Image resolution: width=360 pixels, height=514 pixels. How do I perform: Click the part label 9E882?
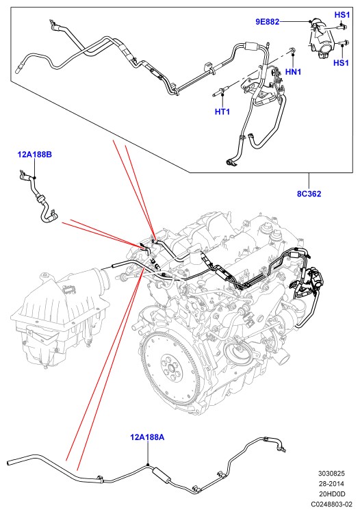(267, 22)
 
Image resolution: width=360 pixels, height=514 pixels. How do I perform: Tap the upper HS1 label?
(342, 15)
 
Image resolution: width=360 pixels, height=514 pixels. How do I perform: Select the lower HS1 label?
(341, 62)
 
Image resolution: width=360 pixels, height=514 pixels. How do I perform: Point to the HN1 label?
(293, 71)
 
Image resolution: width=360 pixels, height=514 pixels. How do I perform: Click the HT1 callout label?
(222, 112)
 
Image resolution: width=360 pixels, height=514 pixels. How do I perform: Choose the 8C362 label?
(309, 194)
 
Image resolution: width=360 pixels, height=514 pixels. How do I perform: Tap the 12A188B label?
(34, 154)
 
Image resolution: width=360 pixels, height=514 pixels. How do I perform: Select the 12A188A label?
(147, 437)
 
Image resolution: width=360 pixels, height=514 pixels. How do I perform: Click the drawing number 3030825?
(331, 474)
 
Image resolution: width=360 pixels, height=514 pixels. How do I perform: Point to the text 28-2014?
(331, 483)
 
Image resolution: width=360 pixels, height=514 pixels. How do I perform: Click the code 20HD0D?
(332, 493)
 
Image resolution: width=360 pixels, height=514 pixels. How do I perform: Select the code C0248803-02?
(331, 504)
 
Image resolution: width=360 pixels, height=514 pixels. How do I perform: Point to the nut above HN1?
(292, 50)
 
